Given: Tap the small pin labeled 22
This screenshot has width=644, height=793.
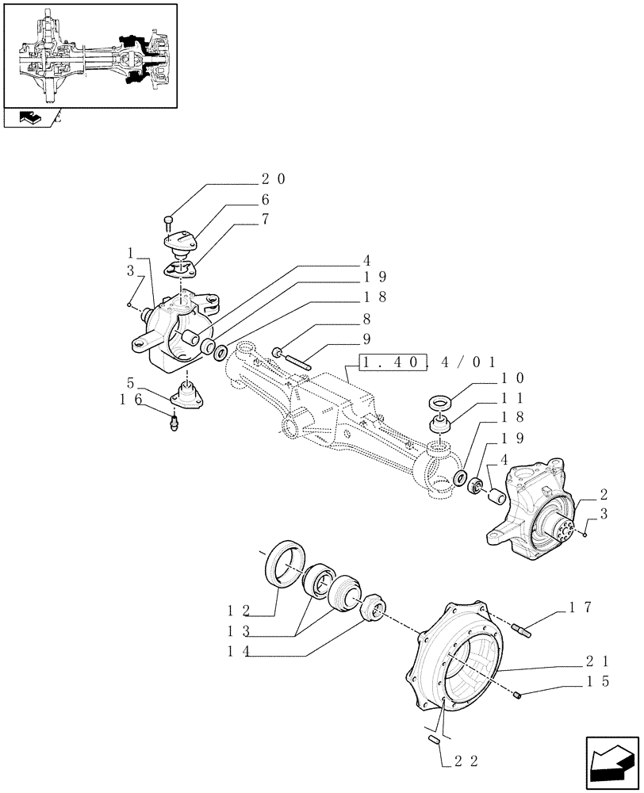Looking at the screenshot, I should click(x=434, y=741).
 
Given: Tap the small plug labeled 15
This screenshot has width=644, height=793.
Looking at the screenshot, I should click(x=519, y=696).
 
